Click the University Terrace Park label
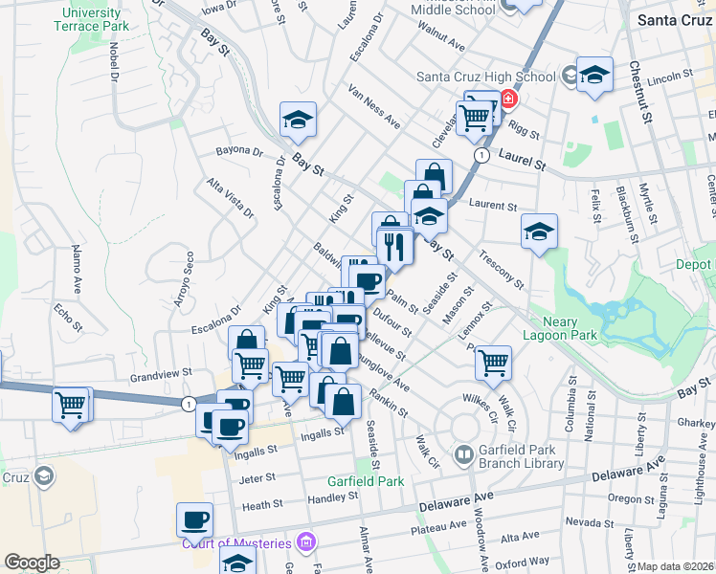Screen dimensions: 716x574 91,19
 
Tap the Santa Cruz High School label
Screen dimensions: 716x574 485,77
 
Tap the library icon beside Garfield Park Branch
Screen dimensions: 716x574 463,453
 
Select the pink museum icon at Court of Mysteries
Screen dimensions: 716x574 305,543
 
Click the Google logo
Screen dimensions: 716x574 32,563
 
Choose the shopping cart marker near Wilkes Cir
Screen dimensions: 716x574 493,362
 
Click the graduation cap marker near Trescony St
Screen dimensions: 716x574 540,231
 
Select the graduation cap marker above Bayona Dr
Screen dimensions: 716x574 298,120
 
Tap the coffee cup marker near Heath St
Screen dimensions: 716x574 194,519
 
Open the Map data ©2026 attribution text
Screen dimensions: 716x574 675,566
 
